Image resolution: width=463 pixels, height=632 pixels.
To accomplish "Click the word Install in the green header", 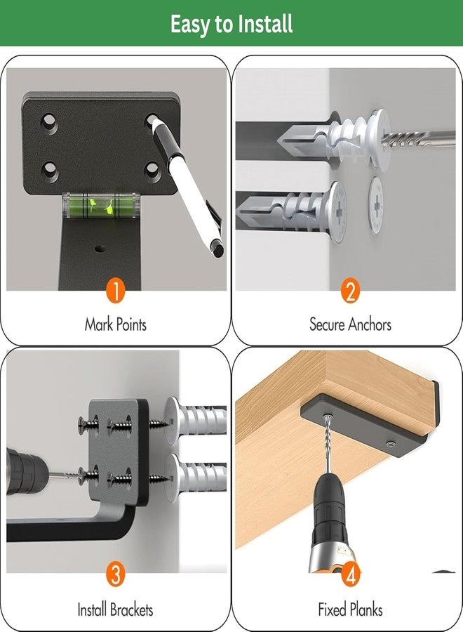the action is (x=264, y=24).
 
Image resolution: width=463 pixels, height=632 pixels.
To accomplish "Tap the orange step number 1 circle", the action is (x=116, y=291).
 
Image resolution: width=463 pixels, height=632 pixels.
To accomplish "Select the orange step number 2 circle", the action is (x=350, y=291).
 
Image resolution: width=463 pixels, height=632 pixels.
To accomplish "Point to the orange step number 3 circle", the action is (x=116, y=574).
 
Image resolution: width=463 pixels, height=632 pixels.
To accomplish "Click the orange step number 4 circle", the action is (x=350, y=574).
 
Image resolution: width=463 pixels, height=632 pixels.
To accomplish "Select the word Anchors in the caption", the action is (x=370, y=324).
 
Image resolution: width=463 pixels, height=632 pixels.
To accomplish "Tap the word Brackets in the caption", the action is (x=132, y=610).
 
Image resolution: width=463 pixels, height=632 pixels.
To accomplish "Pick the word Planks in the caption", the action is (x=366, y=610).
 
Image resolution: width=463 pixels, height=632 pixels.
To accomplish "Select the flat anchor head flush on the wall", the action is (x=375, y=206).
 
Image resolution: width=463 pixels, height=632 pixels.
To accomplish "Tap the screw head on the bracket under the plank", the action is (x=390, y=444).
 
